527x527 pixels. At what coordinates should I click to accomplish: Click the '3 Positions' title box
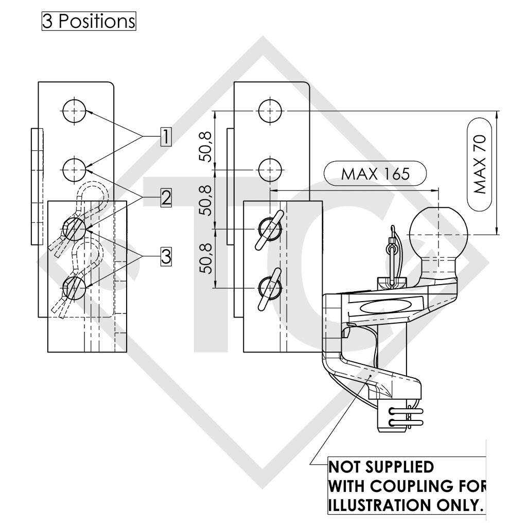pyautogui.click(x=89, y=21)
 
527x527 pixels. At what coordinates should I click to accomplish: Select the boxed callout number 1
pyautogui.click(x=166, y=137)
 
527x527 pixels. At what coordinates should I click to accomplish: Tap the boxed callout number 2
pyautogui.click(x=166, y=198)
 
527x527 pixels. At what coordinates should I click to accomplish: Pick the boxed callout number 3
pyautogui.click(x=166, y=257)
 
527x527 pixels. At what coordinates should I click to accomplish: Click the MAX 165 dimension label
pyautogui.click(x=375, y=174)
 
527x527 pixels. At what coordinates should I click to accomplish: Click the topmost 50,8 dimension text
pyautogui.click(x=206, y=146)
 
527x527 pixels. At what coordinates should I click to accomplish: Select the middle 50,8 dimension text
pyautogui.click(x=206, y=200)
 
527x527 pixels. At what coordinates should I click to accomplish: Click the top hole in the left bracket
pyautogui.click(x=74, y=111)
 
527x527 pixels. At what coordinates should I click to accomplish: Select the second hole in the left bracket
pyautogui.click(x=74, y=170)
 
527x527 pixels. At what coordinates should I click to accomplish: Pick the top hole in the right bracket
pyautogui.click(x=271, y=111)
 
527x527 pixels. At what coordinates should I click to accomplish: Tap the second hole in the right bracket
pyautogui.click(x=271, y=170)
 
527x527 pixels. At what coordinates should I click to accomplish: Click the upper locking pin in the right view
pyautogui.click(x=270, y=230)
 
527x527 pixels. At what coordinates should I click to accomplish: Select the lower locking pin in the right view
pyautogui.click(x=270, y=288)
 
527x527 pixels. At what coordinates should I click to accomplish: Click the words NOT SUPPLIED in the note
pyautogui.click(x=381, y=467)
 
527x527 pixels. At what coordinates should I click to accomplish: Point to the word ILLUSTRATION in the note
pyautogui.click(x=379, y=505)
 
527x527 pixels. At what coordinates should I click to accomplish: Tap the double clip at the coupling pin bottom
pyautogui.click(x=406, y=417)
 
